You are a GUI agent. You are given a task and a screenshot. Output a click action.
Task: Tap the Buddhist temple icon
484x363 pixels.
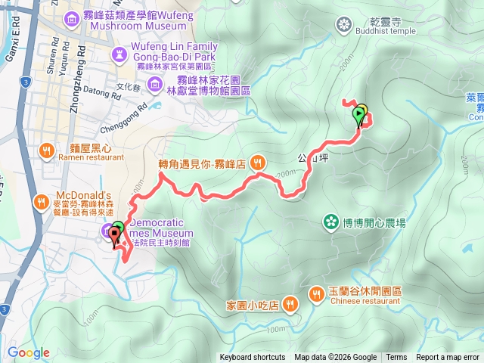[345, 26]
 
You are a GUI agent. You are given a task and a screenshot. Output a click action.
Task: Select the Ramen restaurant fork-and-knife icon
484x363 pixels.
[46, 150]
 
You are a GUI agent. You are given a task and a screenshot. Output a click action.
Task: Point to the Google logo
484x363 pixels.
[29, 352]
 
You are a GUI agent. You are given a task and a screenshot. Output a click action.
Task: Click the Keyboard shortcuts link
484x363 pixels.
[253, 358]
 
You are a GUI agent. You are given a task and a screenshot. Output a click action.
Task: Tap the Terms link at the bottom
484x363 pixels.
[396, 358]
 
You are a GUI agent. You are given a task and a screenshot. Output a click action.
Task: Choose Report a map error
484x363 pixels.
[448, 358]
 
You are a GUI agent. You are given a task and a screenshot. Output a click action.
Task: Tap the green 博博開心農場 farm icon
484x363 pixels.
[330, 222]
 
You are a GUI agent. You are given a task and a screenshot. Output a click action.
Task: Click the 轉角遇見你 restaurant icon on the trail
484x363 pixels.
[258, 161]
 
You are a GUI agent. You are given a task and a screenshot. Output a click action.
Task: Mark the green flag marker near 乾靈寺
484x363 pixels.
[358, 115]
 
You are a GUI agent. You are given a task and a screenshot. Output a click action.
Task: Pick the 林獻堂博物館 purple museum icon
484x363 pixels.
[155, 82]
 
